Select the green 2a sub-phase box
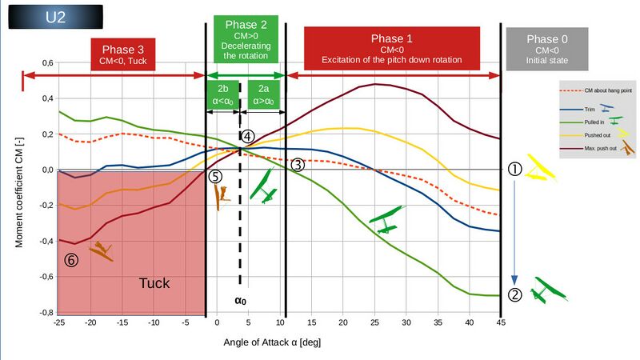tap(263, 94)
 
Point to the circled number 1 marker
tap(515, 170)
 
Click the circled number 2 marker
tap(515, 294)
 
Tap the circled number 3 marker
tap(297, 164)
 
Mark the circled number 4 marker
tap(248, 137)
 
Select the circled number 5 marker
tap(215, 176)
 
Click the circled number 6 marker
tap(71, 260)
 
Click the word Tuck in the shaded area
tap(154, 283)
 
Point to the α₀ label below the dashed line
tap(239, 302)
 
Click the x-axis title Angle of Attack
tap(272, 342)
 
